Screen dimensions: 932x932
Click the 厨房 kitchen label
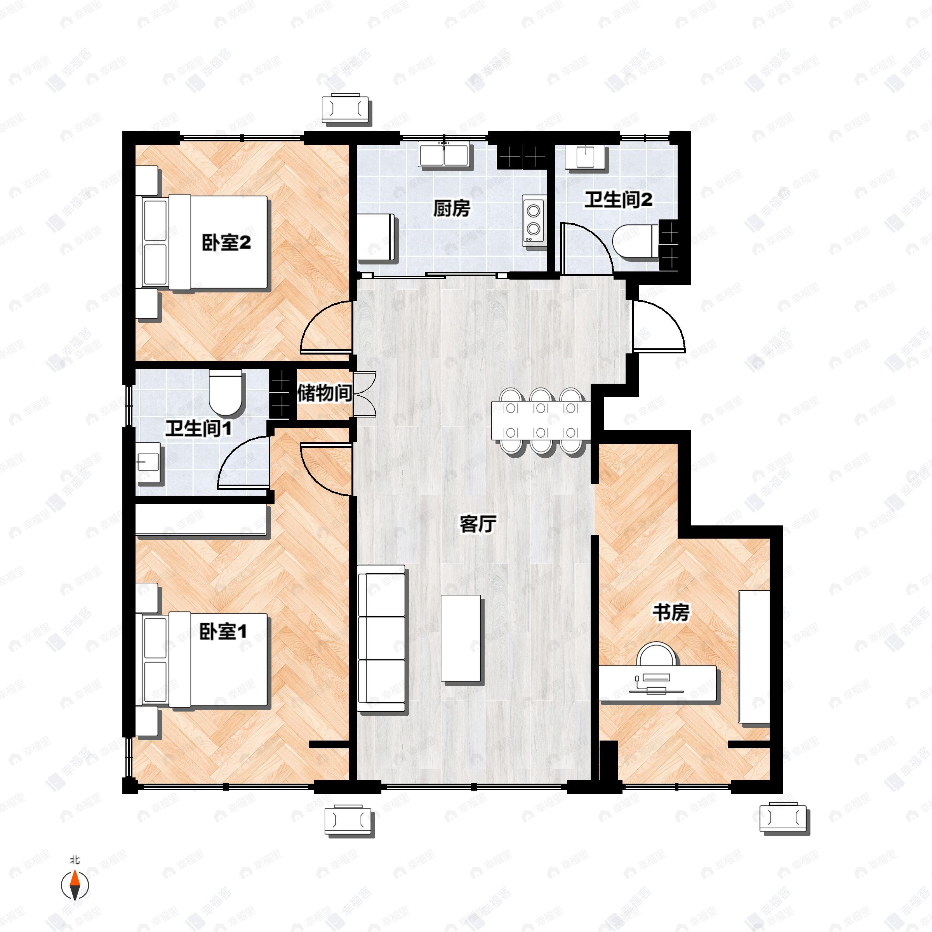(451, 209)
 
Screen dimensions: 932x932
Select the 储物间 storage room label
(324, 393)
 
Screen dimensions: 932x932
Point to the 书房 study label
(671, 613)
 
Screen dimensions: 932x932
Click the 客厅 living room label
(478, 524)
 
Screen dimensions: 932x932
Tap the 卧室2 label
(226, 243)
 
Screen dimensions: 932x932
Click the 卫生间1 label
(198, 428)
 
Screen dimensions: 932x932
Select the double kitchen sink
(445, 155)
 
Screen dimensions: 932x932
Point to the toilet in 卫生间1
(225, 393)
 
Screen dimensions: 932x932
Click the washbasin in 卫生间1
(148, 462)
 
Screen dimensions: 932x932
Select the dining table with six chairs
(540, 420)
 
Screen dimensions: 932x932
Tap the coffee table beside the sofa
(461, 638)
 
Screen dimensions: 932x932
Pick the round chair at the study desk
(656, 655)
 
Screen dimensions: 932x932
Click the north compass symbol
(75, 884)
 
